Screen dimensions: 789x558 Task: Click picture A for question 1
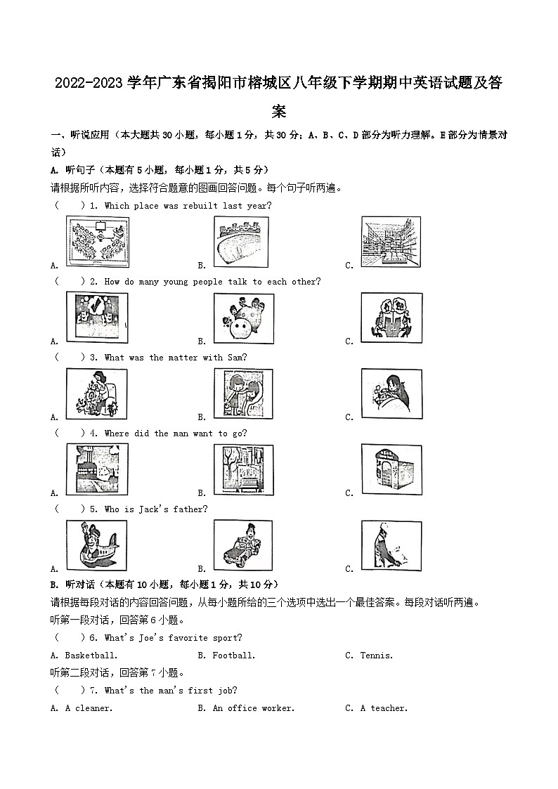97,241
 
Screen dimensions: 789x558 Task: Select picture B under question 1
240,241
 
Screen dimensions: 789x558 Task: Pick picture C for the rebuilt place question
391,241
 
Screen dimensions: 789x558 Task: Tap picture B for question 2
240,317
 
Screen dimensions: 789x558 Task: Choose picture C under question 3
391,393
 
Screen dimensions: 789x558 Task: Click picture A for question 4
97,469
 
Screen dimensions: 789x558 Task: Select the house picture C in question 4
391,469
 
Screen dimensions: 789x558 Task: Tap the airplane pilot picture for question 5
97,545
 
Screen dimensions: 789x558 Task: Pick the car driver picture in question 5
240,545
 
